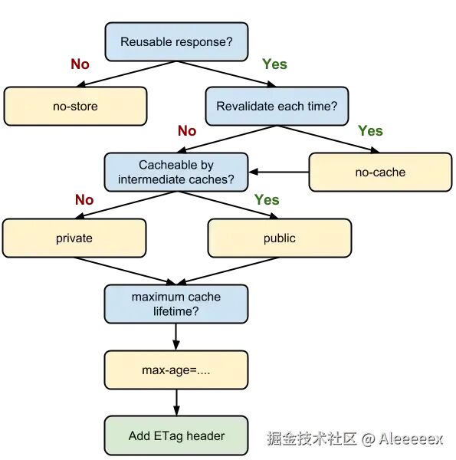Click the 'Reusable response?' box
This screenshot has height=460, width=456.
[x=176, y=41]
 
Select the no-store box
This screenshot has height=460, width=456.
[x=75, y=107]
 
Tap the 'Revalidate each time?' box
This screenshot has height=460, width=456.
[x=277, y=107]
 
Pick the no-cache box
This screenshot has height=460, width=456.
[x=380, y=172]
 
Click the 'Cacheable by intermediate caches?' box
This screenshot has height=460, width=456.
[x=176, y=172]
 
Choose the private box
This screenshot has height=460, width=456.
[x=74, y=238]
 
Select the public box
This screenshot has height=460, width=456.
[x=280, y=238]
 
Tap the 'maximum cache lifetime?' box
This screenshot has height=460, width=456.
[x=176, y=304]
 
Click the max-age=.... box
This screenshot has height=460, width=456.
[x=176, y=370]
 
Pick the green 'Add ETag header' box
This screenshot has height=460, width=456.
[x=176, y=435]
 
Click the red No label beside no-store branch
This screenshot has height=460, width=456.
[x=80, y=64]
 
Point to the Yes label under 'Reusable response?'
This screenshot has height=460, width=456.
[x=275, y=64]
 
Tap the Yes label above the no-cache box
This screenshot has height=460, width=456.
[x=370, y=130]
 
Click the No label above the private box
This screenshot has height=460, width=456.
[x=84, y=200]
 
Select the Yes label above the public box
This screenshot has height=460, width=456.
[x=267, y=200]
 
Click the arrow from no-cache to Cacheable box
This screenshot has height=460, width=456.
[x=279, y=172]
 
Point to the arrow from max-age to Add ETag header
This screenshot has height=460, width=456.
[x=176, y=402]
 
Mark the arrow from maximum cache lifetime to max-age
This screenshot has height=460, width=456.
[x=176, y=337]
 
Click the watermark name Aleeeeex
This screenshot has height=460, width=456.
[x=411, y=439]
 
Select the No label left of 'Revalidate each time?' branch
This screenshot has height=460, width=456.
[x=187, y=130]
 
